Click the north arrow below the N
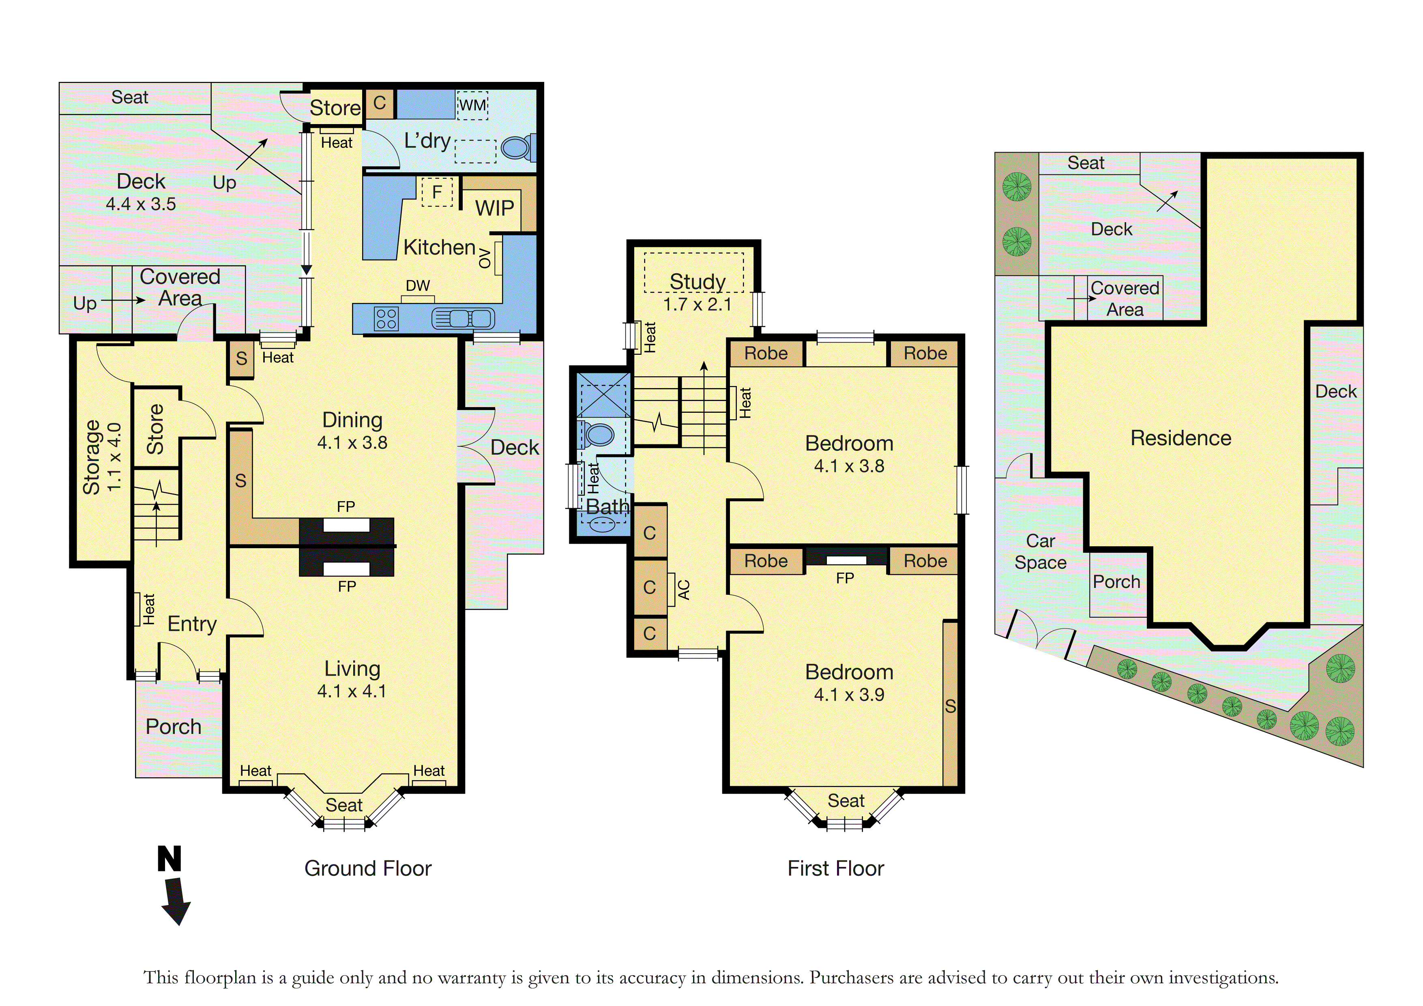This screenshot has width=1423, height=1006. tap(176, 901)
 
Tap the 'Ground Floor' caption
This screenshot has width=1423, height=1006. tap(367, 869)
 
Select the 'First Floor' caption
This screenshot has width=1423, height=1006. tap(835, 869)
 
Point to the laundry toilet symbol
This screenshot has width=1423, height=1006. tap(518, 148)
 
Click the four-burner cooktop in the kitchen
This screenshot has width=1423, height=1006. tap(386, 319)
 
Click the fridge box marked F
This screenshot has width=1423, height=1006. tap(437, 192)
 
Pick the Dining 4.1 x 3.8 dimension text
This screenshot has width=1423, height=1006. tap(352, 442)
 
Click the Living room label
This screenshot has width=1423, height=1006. tap(352, 668)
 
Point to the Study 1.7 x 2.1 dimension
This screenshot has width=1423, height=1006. tap(697, 305)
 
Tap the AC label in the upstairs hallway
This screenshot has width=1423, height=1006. tap(684, 590)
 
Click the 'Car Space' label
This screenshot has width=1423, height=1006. tap(1041, 551)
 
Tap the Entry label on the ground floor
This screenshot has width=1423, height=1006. tap(192, 624)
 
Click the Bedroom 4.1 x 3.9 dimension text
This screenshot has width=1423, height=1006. tap(849, 695)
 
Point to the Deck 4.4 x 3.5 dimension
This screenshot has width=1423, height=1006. tap(141, 204)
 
